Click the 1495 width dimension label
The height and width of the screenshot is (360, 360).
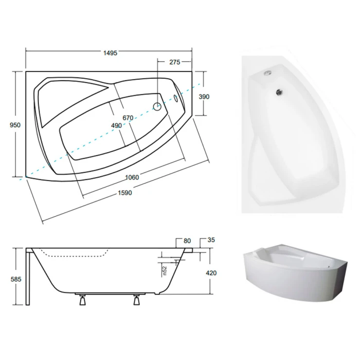110,53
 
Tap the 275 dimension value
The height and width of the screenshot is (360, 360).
175,62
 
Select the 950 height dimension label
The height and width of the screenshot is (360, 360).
15,125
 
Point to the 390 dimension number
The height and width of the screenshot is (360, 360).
204,97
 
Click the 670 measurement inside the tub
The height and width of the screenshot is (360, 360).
128,118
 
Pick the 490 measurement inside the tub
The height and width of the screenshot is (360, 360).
116,126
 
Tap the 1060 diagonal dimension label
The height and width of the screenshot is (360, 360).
132,177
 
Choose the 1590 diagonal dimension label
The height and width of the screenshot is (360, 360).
125,193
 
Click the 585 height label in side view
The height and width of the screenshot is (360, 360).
16,279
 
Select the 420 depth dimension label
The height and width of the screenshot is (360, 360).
211,273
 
